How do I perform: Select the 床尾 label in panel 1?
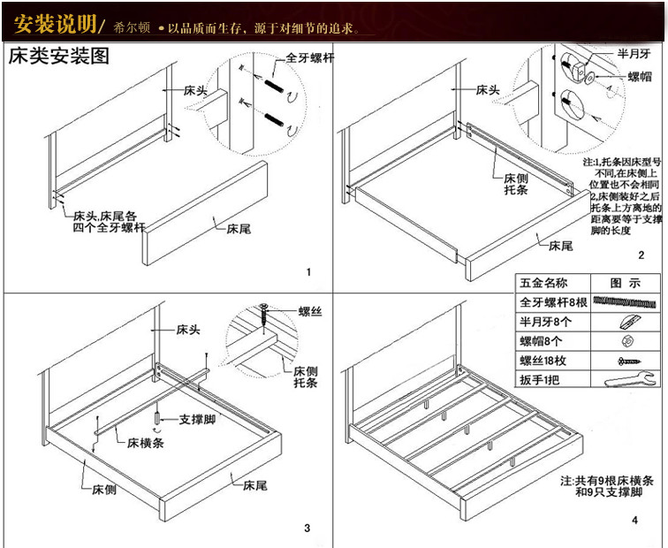point(239,228)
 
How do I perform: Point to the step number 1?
point(308,271)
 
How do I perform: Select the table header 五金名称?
point(545,284)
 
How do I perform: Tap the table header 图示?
point(624,284)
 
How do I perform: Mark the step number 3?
point(307,529)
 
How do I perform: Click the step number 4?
point(634,519)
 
